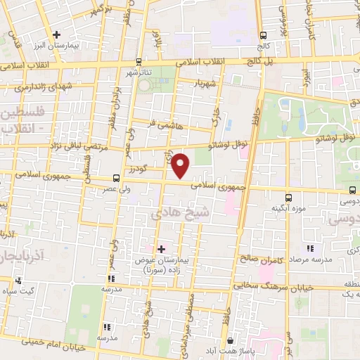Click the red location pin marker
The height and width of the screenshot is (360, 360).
click(181, 166)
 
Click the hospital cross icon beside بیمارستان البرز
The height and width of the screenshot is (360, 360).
click(57, 34)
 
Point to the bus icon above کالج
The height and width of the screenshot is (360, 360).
click(264, 35)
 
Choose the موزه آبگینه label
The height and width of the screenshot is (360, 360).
click(288, 209)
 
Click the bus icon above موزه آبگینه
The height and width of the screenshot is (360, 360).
click(288, 198)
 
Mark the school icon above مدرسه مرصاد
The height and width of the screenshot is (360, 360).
click(310, 248)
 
